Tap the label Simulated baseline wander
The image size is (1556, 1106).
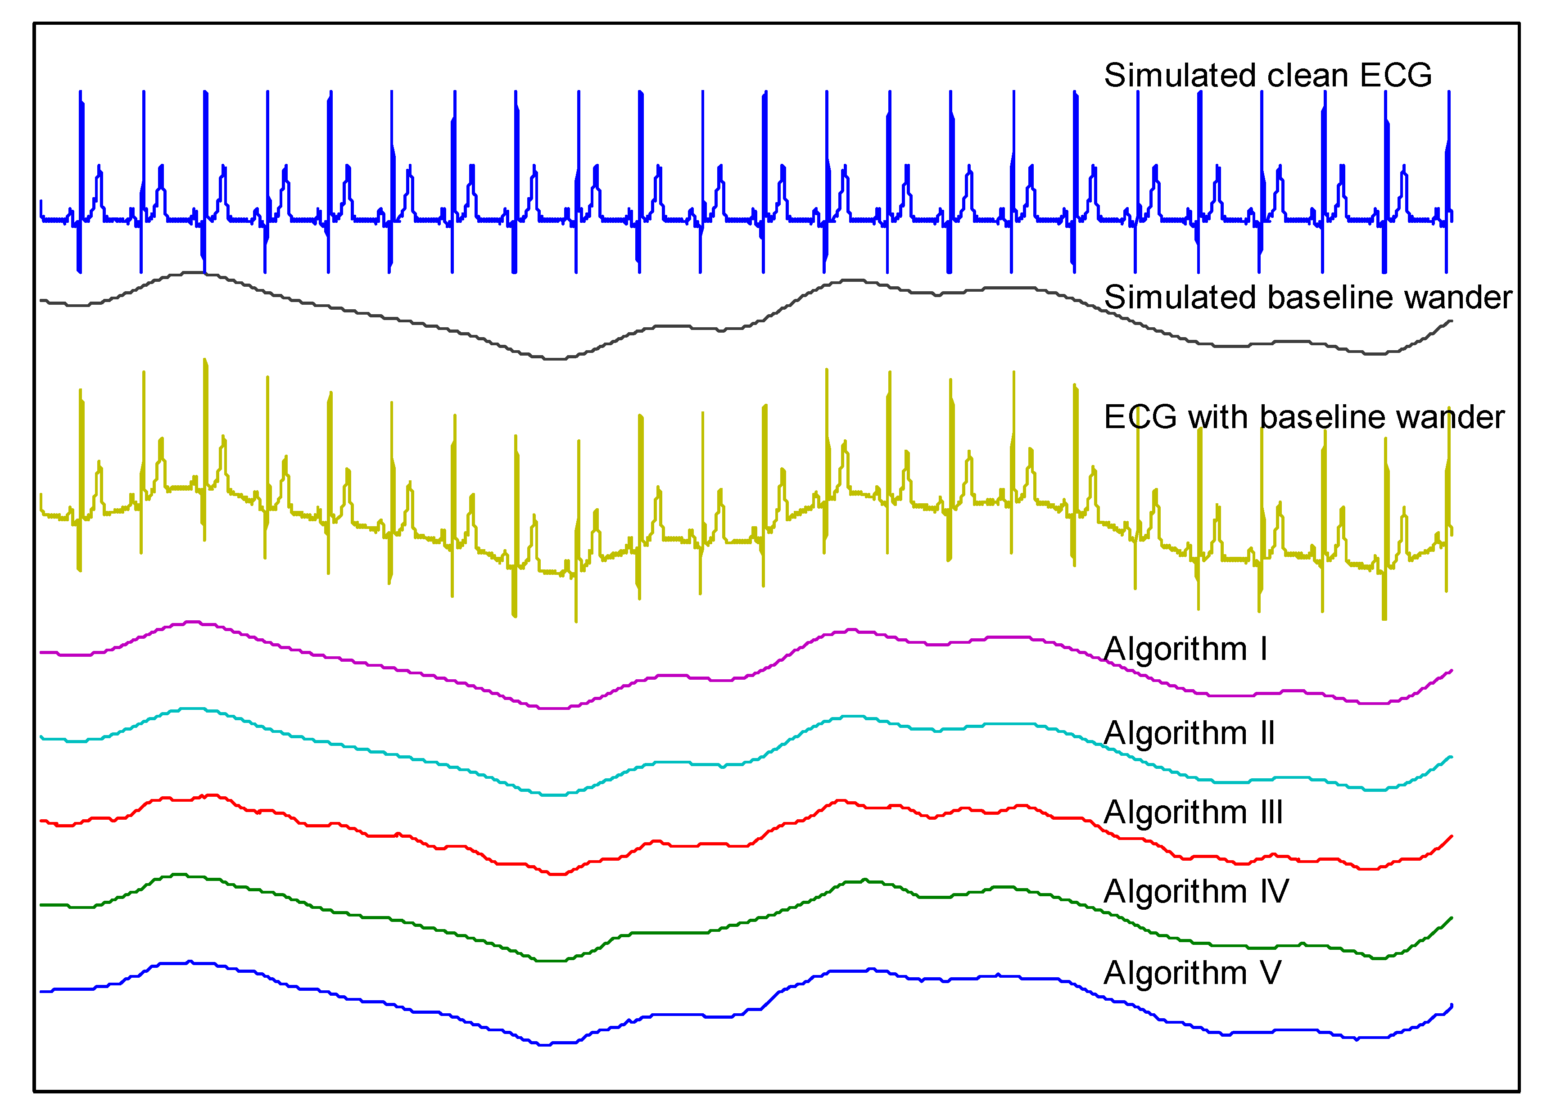pyautogui.click(x=1307, y=298)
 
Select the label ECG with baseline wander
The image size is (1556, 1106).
pyautogui.click(x=1303, y=417)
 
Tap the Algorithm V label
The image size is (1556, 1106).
pyautogui.click(x=1192, y=972)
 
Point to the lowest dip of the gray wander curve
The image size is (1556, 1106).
pyautogui.click(x=555, y=358)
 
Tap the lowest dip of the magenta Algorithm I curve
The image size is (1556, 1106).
pyautogui.click(x=555, y=708)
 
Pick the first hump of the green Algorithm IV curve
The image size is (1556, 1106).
pyautogui.click(x=178, y=875)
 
